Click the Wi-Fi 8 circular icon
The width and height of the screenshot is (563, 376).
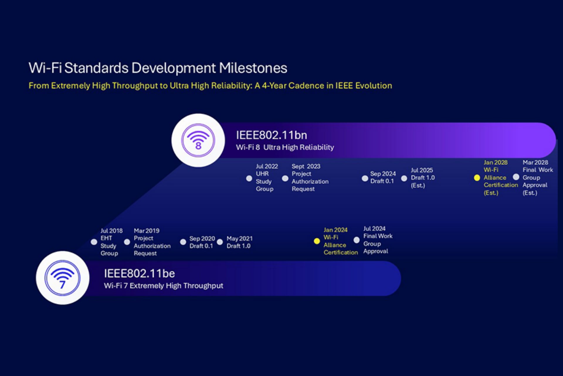(x=198, y=140)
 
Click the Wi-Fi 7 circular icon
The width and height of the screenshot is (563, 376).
(x=62, y=278)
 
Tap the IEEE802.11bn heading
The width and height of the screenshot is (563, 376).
(x=272, y=135)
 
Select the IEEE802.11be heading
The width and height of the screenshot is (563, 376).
(x=139, y=273)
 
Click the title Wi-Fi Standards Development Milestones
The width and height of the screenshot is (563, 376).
(x=158, y=68)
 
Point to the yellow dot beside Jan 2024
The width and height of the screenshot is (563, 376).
(x=317, y=241)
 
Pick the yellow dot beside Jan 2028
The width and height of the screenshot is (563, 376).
(x=477, y=178)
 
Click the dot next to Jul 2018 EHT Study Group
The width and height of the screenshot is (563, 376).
(x=94, y=242)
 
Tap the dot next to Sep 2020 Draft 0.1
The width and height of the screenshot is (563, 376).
(x=183, y=242)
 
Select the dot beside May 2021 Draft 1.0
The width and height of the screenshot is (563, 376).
(x=220, y=242)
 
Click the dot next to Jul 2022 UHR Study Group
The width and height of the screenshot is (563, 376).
(x=249, y=178)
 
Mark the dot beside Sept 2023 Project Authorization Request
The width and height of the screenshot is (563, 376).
(x=285, y=178)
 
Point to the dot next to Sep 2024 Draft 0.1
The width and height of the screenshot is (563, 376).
(x=365, y=178)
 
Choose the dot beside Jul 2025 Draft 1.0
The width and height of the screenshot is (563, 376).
(x=404, y=178)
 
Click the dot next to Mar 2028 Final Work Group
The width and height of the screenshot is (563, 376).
(x=516, y=177)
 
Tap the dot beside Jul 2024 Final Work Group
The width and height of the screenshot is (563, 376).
(x=357, y=240)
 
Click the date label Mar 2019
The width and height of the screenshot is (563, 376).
(x=147, y=231)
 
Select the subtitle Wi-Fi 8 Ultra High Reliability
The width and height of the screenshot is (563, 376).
(x=285, y=147)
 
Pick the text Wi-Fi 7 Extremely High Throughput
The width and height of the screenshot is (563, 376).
(x=164, y=286)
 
